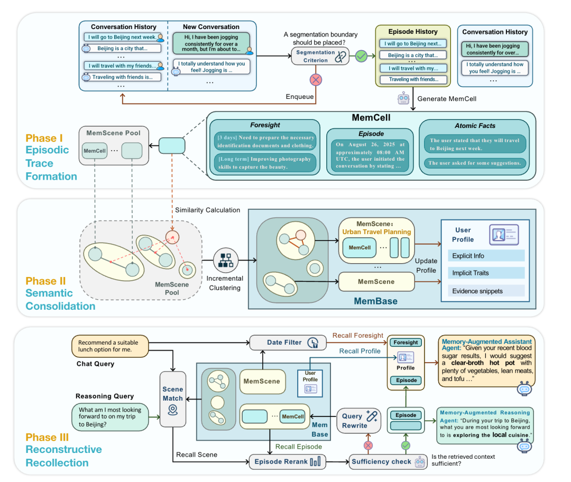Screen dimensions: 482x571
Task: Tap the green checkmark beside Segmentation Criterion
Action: [x=362, y=55]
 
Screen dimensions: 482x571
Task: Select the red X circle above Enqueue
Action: [x=316, y=80]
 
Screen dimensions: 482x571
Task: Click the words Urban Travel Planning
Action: [x=376, y=231]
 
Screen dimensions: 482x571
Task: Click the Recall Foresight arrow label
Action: [x=357, y=335]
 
